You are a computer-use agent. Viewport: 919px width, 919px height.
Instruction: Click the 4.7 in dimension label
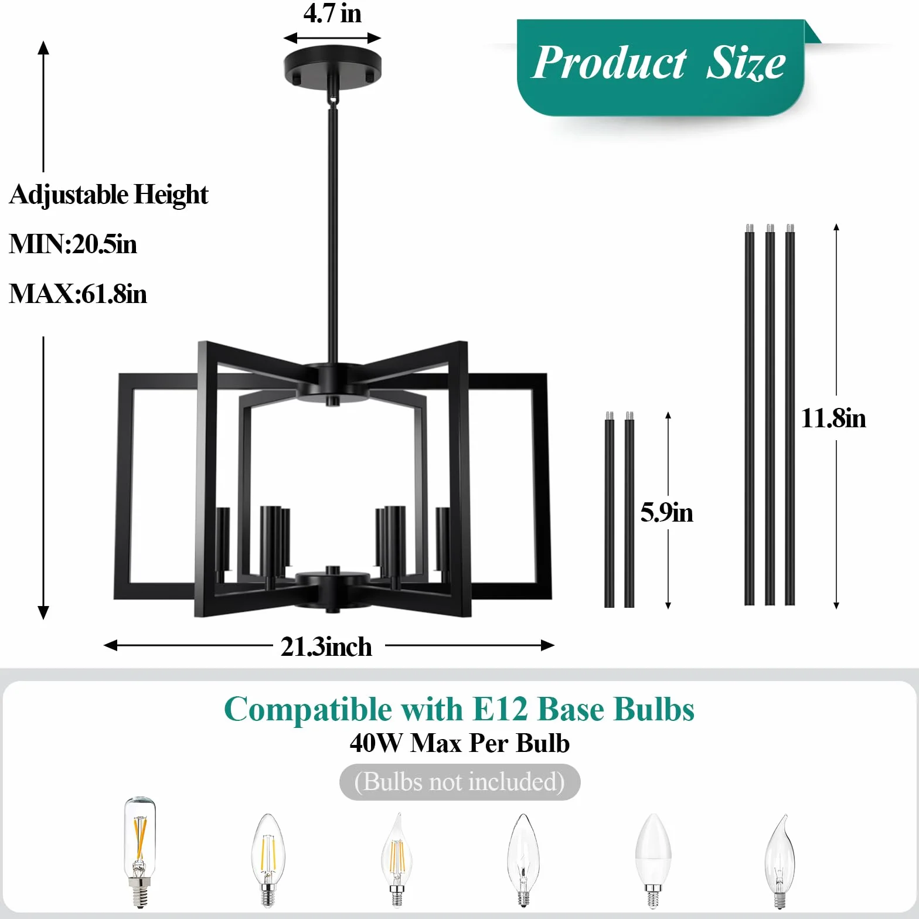pos(332,13)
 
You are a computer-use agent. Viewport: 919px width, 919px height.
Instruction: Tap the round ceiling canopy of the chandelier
pos(332,66)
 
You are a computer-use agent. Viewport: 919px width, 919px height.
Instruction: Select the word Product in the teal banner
pos(610,62)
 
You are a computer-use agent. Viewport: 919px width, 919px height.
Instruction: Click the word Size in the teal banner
pos(746,62)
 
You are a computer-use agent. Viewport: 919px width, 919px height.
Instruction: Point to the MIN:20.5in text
pos(73,244)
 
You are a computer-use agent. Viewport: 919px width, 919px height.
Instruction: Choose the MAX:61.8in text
pos(77,294)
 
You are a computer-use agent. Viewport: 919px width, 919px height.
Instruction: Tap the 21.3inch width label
pos(326,647)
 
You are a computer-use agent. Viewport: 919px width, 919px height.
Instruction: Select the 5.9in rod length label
pos(666,512)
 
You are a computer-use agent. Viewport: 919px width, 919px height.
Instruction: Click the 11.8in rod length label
pos(833,418)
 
